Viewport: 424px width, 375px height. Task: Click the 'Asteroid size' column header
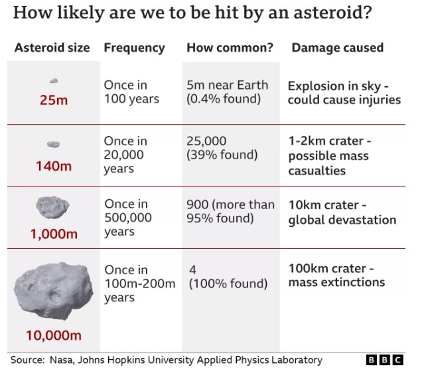tap(52, 48)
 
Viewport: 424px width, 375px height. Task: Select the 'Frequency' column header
tap(135, 48)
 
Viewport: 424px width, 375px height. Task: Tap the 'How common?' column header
tap(230, 48)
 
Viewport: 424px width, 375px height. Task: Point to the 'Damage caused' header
tap(338, 48)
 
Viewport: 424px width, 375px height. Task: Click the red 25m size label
tap(54, 100)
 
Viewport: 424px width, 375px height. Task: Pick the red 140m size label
tap(54, 166)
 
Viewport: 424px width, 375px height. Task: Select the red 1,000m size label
tap(54, 234)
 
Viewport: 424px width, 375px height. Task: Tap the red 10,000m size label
tap(54, 335)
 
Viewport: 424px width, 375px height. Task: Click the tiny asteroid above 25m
tap(54, 80)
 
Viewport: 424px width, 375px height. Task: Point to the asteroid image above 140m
tap(53, 144)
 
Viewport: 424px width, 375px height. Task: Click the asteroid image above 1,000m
tap(52, 207)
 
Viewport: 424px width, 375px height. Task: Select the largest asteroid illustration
tap(53, 290)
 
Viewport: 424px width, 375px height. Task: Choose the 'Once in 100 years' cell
tap(131, 92)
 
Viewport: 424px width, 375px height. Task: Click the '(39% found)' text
tap(222, 155)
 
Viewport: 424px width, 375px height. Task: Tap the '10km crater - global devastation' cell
tap(342, 212)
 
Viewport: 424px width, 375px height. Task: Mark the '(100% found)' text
tap(228, 283)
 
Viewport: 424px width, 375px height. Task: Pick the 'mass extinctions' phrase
tap(336, 282)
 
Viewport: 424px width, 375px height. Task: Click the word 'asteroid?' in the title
tap(332, 13)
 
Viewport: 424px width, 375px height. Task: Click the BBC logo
tap(385, 360)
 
